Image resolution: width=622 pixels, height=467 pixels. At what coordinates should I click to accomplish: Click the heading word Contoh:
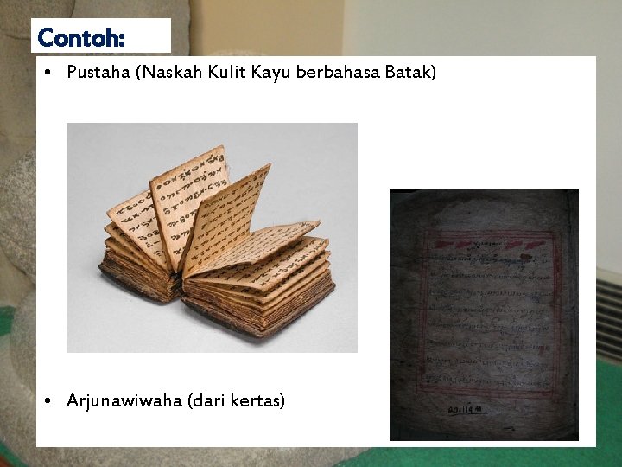pos(82,38)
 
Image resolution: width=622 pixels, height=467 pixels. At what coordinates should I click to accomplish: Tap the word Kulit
pos(223,73)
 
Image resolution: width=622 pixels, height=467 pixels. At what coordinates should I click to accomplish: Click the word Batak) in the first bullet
pos(414,73)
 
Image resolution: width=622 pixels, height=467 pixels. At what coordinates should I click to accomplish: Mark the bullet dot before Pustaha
pos(51,74)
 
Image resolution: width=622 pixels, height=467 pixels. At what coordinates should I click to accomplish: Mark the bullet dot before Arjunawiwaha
pos(51,401)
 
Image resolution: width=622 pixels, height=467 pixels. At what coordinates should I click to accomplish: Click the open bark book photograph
pos(212,237)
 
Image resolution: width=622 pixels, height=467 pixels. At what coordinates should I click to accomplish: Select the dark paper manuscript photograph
pos(484,315)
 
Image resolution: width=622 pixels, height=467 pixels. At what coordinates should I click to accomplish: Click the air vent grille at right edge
pos(608,316)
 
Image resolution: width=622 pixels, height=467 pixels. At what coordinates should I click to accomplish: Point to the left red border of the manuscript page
pos(422,320)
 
